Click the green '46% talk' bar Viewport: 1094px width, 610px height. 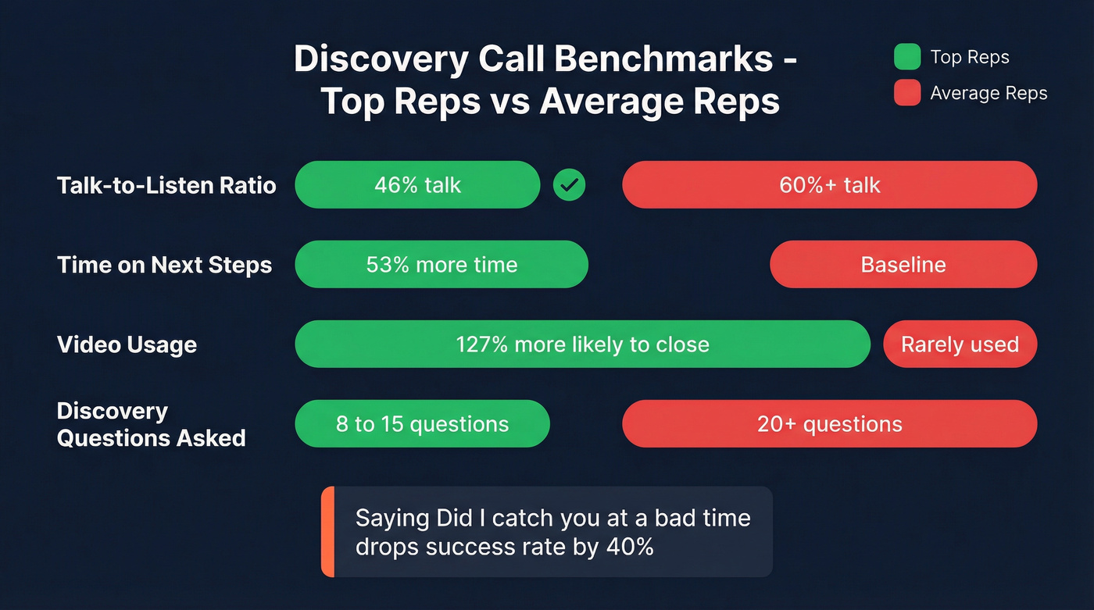pos(417,185)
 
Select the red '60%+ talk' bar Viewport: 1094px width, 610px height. pos(829,185)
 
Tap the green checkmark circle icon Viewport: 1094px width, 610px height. pos(569,185)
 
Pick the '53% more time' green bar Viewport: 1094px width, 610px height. pos(441,265)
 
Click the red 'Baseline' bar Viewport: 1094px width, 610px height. pos(903,265)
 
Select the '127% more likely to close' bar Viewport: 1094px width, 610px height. pos(582,344)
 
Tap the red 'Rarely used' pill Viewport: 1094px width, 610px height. pos(960,344)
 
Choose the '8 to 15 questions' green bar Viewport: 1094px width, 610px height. pos(422,424)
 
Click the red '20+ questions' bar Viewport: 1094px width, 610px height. pos(829,424)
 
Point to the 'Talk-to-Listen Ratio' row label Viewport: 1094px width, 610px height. pos(166,185)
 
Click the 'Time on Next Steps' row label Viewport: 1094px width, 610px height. pos(165,265)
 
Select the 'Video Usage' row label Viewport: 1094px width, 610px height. pos(127,344)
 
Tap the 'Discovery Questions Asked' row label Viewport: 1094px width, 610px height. pos(151,424)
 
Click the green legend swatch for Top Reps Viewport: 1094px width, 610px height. pos(906,57)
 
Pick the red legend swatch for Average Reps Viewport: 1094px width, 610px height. pos(906,94)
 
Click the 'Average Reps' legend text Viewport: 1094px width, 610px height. pos(989,94)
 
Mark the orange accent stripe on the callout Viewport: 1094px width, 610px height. pos(327,532)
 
